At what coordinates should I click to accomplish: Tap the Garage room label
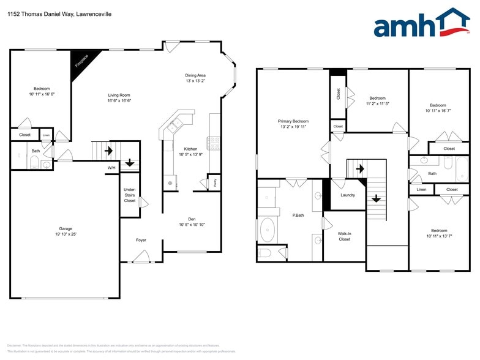pyautogui.click(x=66, y=228)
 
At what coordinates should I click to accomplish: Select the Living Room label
pyautogui.click(x=119, y=95)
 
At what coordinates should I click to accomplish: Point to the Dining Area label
pyautogui.click(x=195, y=75)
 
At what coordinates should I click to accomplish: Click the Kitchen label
pyautogui.click(x=190, y=149)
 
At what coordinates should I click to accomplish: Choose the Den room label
pyautogui.click(x=192, y=219)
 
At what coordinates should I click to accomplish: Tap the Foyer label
pyautogui.click(x=141, y=240)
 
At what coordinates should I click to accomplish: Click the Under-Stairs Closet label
pyautogui.click(x=129, y=195)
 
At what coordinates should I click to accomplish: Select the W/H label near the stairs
pyautogui.click(x=111, y=168)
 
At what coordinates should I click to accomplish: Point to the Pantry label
pyautogui.click(x=214, y=182)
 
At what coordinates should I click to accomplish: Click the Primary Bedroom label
pyautogui.click(x=293, y=121)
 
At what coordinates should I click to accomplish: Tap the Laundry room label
pyautogui.click(x=348, y=195)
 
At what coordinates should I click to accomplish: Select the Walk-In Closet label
pyautogui.click(x=344, y=236)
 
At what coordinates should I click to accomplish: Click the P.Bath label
pyautogui.click(x=299, y=215)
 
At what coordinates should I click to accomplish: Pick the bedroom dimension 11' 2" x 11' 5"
pyautogui.click(x=378, y=104)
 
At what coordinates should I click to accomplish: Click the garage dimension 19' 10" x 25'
pyautogui.click(x=66, y=234)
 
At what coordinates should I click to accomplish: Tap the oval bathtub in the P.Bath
pyautogui.click(x=268, y=230)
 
